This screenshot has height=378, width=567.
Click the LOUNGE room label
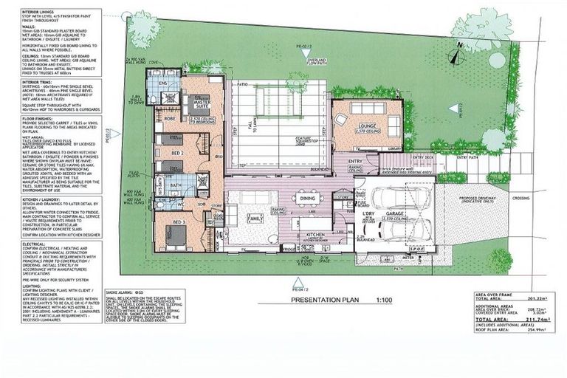click(368, 126)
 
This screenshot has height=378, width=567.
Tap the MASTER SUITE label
click(199, 104)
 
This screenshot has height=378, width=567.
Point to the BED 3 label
click(179, 221)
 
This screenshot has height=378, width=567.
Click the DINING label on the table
click(306, 199)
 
